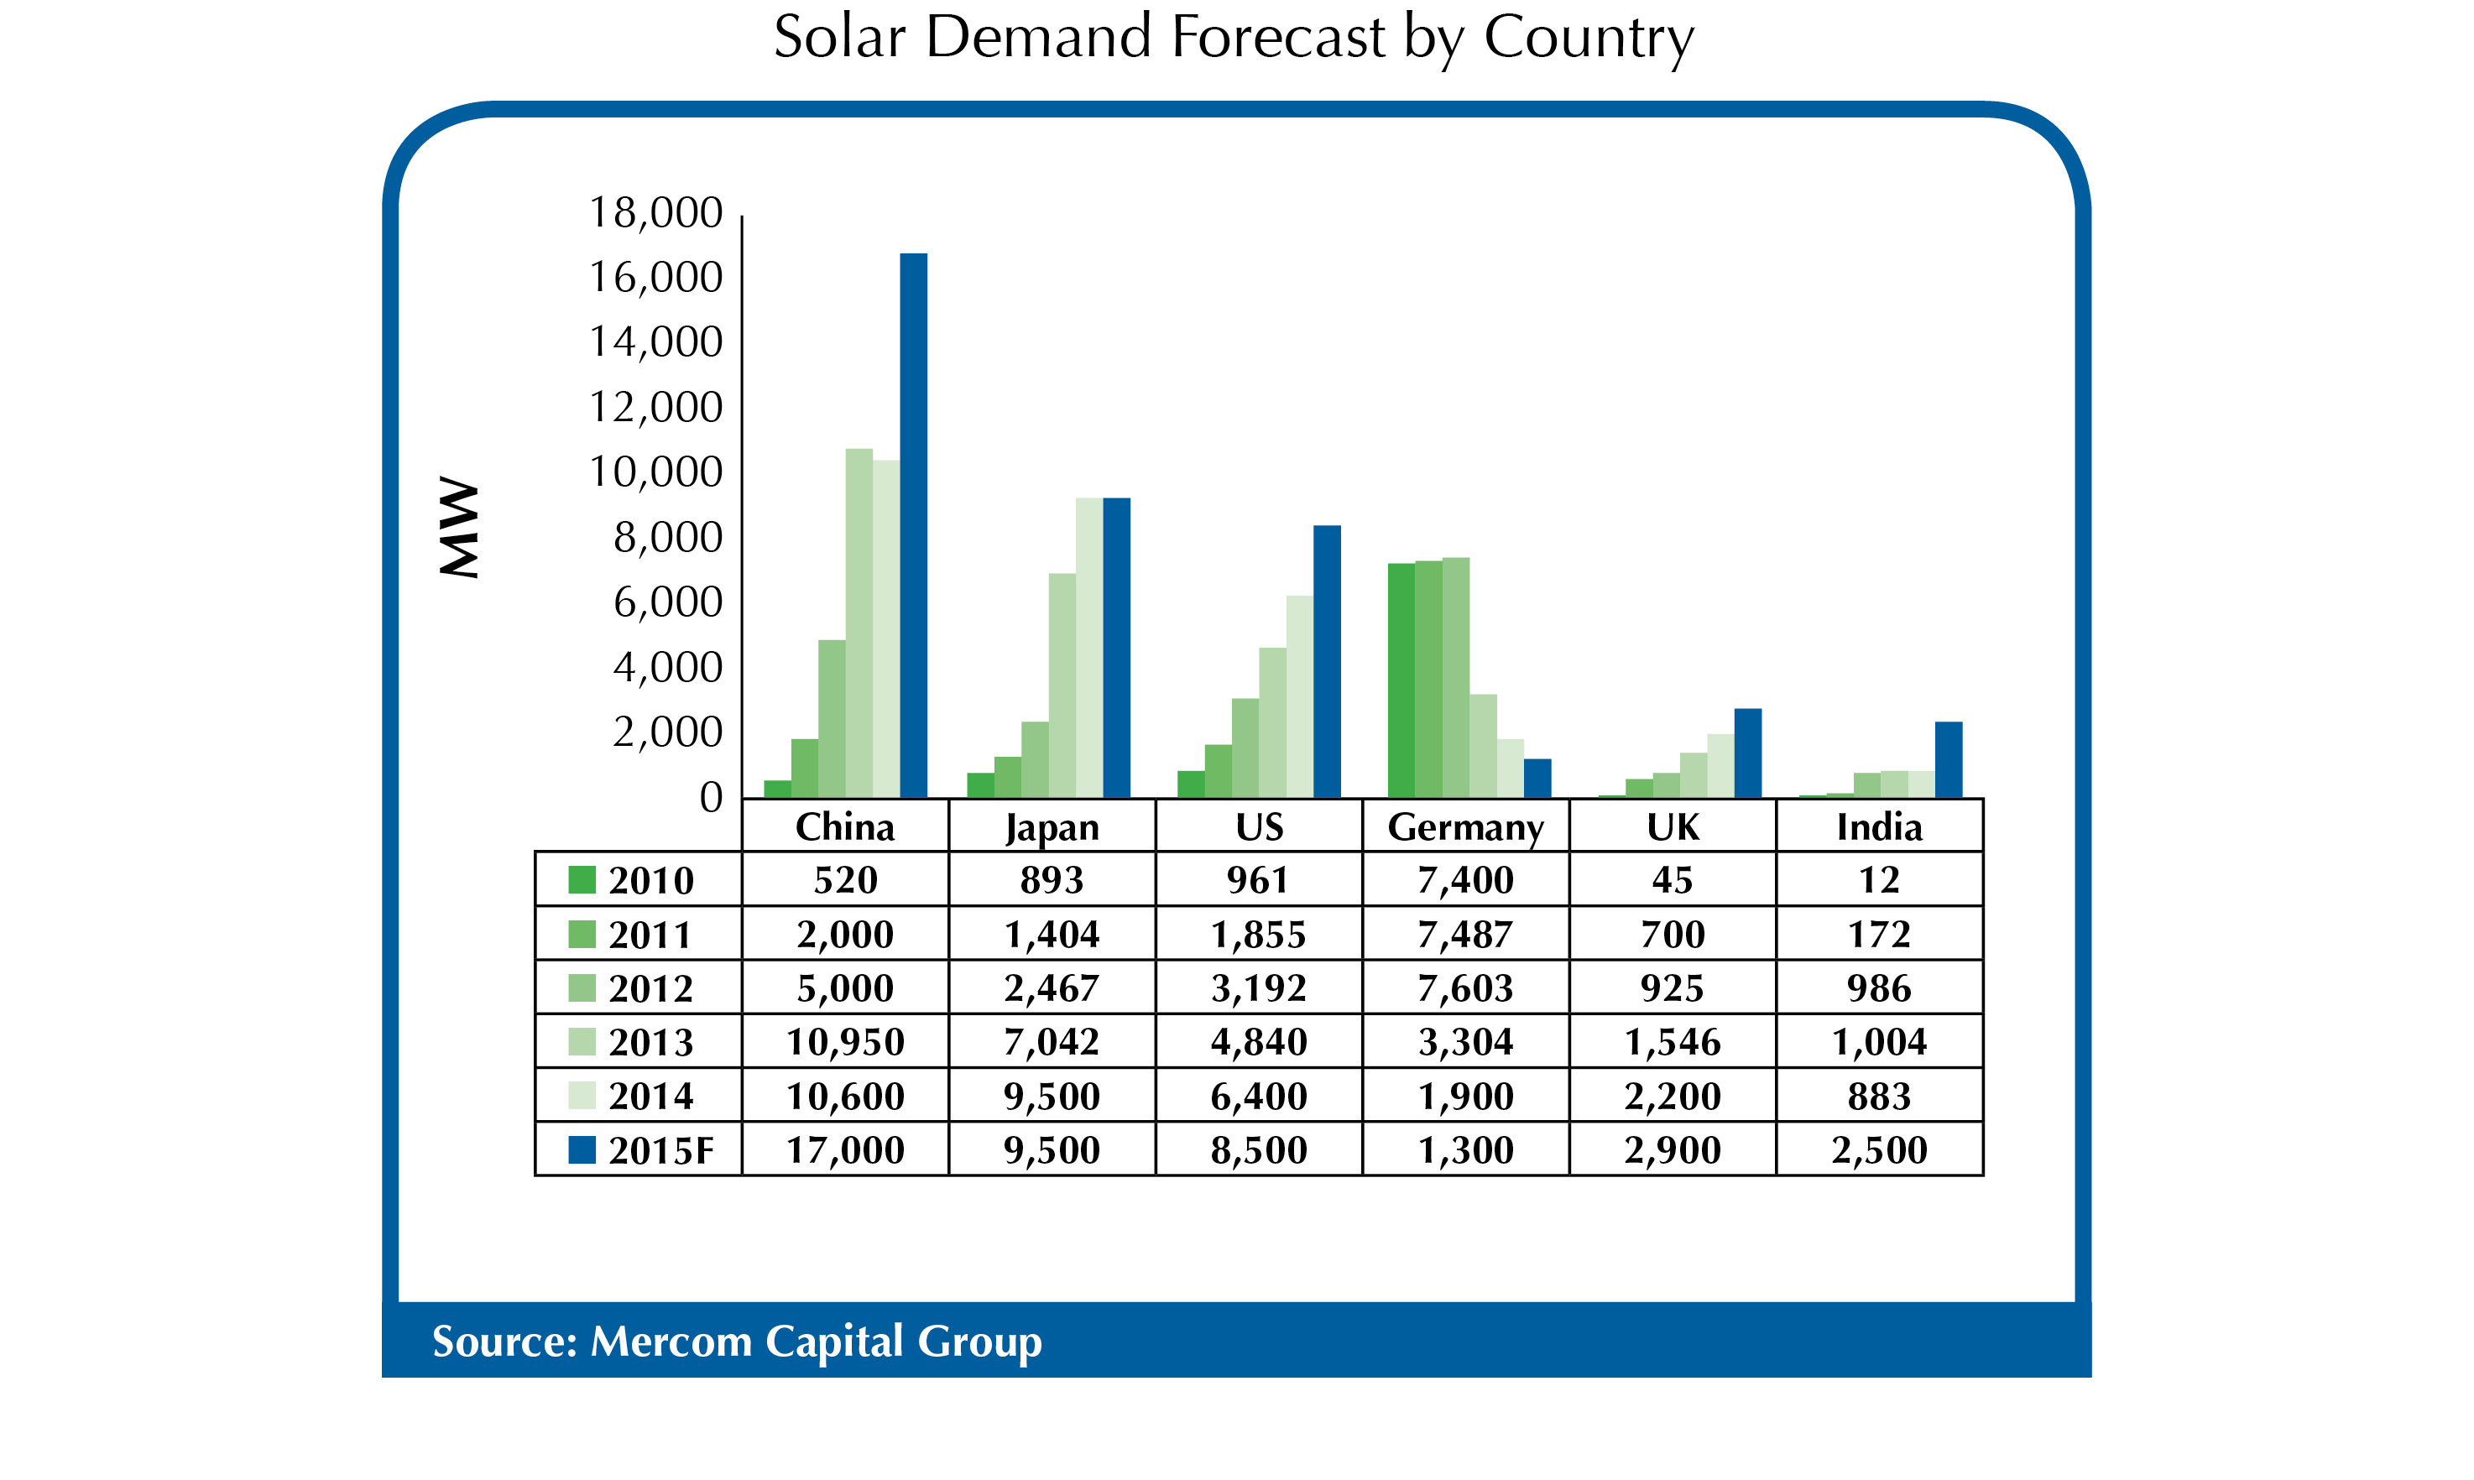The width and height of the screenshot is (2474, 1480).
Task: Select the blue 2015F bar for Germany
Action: point(1537,778)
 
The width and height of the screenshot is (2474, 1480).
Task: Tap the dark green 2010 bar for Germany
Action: point(1401,680)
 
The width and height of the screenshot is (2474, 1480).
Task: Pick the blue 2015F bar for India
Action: point(1949,759)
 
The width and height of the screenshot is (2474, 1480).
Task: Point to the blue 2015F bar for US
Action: point(1327,661)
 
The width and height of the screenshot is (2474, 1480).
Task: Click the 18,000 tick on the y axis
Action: point(655,212)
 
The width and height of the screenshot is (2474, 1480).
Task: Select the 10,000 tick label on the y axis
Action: point(655,472)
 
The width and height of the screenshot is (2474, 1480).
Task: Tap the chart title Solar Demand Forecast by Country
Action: point(1234,38)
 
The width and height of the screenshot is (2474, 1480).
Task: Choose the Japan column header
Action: point(1052,826)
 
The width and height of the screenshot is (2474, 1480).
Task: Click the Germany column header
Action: point(1465,826)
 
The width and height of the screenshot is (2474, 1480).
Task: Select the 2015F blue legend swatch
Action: point(582,1150)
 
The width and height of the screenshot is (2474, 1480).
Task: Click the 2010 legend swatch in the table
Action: point(582,879)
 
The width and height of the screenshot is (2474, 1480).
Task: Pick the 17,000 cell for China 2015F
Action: point(845,1150)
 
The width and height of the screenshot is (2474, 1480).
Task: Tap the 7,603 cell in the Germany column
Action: point(1465,988)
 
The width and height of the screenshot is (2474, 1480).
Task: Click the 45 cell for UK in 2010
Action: point(1672,879)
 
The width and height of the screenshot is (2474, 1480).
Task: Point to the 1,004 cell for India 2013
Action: point(1880,1042)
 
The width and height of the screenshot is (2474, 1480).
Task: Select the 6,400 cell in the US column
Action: point(1259,1096)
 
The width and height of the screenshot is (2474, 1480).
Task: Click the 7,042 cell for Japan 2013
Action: point(1052,1042)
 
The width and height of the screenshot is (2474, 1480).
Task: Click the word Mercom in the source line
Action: point(671,1342)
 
